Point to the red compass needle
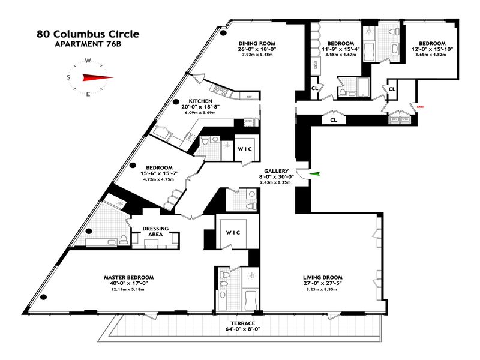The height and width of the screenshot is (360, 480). (97, 77)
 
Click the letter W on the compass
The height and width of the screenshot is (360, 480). (88, 61)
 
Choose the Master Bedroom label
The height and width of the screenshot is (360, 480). (128, 277)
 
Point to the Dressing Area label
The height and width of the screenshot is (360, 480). (155, 231)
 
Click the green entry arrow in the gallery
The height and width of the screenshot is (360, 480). (316, 174)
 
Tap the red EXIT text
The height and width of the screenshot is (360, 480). (420, 107)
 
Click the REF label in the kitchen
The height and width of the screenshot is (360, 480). (248, 97)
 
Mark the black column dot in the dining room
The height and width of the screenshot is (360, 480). (223, 34)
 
